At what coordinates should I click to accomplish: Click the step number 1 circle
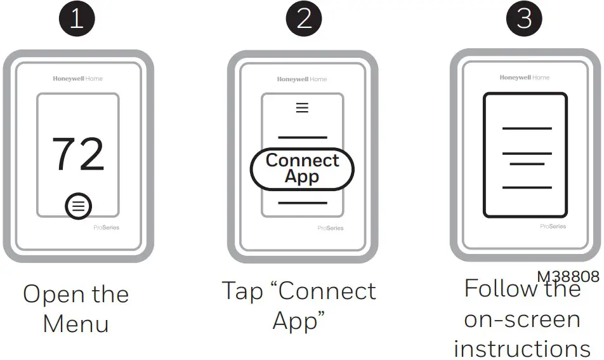[x=77, y=19]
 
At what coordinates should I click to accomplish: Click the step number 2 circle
[x=304, y=19]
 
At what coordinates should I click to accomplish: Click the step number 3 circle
[x=525, y=18]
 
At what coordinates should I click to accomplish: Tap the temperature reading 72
[x=77, y=155]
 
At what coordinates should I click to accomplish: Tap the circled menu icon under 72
[x=78, y=206]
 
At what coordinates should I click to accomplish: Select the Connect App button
[x=302, y=169]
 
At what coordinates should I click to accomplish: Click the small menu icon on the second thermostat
[x=303, y=108]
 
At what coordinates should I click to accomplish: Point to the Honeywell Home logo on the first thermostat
[x=77, y=79]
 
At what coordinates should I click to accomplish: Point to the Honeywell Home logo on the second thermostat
[x=302, y=79]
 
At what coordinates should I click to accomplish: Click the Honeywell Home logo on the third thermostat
[x=525, y=77]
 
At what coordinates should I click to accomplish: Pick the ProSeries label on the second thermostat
[x=331, y=228]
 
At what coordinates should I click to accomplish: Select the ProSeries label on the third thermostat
[x=553, y=226]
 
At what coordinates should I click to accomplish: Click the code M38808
[x=568, y=277]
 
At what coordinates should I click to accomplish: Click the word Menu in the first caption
[x=76, y=323]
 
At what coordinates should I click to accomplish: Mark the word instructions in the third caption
[x=522, y=349]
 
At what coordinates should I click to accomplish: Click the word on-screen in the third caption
[x=522, y=319]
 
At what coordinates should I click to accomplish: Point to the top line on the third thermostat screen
[x=527, y=128]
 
